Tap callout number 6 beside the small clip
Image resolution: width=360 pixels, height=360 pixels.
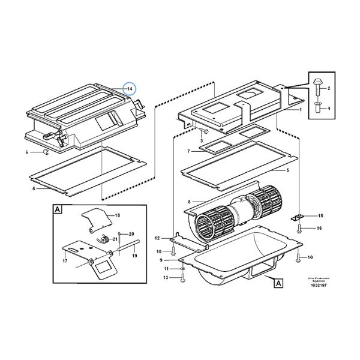26,152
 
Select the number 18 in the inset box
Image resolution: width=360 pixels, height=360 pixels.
118,215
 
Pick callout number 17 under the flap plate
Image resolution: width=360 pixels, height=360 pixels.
64,261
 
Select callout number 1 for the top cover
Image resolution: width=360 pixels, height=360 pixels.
301,111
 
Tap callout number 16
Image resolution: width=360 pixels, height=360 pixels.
320,229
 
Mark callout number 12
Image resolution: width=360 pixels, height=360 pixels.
158,239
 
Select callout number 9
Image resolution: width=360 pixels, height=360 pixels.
161,260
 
